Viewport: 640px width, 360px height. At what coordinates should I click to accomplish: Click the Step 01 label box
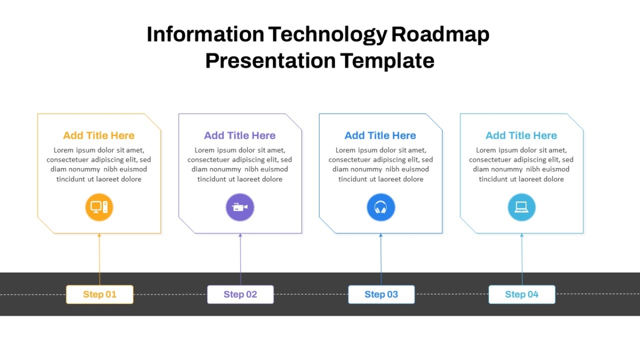click(x=100, y=294)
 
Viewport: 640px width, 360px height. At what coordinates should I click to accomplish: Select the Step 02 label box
click(x=241, y=294)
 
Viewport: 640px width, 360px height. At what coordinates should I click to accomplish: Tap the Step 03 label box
click(x=381, y=294)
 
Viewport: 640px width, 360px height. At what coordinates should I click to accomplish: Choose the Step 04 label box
click(x=522, y=294)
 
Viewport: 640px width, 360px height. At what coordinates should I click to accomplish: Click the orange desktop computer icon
click(x=99, y=207)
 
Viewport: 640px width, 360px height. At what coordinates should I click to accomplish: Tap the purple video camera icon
click(x=240, y=207)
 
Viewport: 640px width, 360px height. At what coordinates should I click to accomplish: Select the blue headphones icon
click(x=381, y=207)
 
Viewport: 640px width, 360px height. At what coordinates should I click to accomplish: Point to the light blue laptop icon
click(x=522, y=207)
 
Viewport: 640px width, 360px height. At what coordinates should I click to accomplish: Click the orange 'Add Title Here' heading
click(x=99, y=135)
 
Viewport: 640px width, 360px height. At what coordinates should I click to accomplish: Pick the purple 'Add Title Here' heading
click(x=239, y=135)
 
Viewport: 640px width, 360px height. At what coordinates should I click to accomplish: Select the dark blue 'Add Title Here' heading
click(x=380, y=135)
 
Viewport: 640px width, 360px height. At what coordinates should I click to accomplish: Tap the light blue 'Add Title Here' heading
click(x=521, y=135)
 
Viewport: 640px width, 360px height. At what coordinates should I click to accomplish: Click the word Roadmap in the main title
click(x=441, y=35)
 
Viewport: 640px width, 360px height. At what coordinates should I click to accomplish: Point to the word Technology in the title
click(x=327, y=35)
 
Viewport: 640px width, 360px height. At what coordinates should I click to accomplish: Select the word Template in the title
click(x=387, y=61)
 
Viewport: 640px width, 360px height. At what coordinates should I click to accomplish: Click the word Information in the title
click(x=205, y=34)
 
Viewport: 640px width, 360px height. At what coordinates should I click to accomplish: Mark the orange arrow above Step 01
click(x=99, y=259)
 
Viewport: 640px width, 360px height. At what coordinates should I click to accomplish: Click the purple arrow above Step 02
click(x=241, y=259)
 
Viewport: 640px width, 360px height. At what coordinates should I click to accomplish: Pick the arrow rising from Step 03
click(x=381, y=259)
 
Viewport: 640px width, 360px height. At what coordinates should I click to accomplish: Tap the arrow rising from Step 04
click(x=522, y=259)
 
